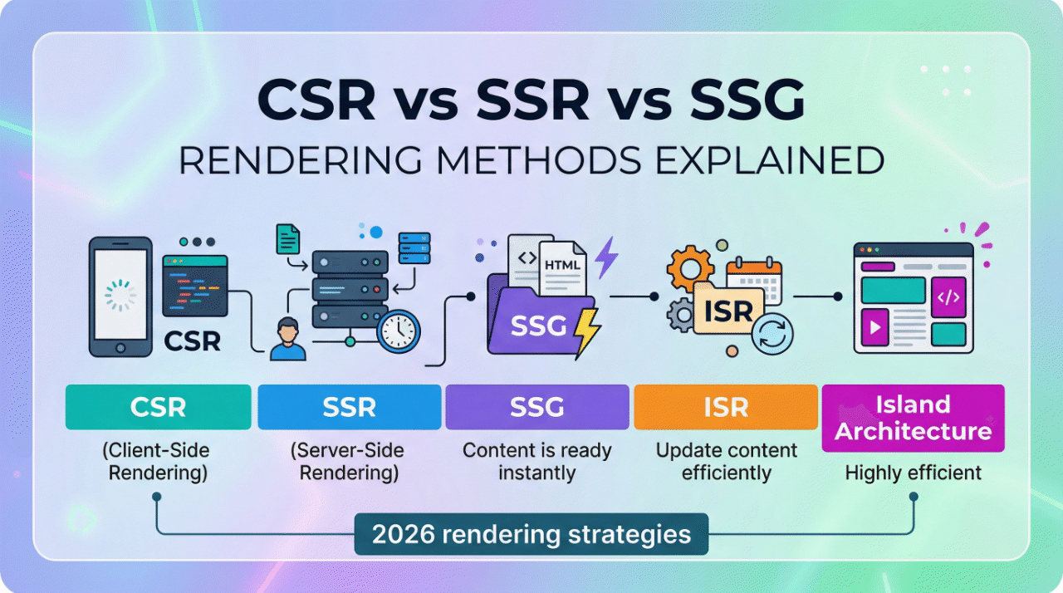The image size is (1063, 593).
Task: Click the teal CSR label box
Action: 158,407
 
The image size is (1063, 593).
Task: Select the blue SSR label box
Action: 349,407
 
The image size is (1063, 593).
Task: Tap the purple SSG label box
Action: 537,407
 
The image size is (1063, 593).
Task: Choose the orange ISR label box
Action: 726,407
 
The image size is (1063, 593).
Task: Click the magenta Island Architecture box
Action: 913,418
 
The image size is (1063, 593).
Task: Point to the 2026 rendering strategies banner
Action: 531,534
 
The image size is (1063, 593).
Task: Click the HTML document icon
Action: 561,265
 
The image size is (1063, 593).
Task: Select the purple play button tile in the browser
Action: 874,329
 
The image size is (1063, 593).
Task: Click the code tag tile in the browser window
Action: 948,296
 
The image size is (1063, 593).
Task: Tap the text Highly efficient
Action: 913,473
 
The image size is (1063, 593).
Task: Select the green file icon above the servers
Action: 287,239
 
